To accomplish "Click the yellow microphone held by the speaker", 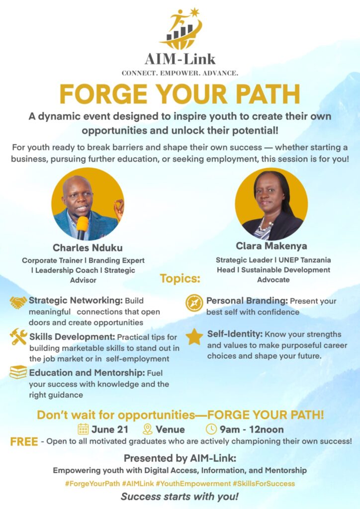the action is click(82, 227).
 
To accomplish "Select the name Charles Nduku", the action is click(88, 248).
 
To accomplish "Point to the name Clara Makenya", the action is click(271, 246).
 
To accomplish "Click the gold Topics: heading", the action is click(180, 278).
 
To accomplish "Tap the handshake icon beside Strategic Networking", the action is click(18, 302).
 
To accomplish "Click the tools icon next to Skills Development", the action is click(18, 337).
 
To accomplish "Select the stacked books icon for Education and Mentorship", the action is click(18, 372).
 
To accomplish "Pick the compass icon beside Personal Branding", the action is click(194, 303).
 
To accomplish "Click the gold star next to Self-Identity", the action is click(194, 337).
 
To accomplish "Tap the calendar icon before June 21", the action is click(83, 429).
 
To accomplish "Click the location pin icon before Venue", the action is click(148, 429).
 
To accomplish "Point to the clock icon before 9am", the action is click(211, 429).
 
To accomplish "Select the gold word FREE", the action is click(24, 442).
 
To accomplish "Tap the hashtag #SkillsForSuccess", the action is click(264, 483).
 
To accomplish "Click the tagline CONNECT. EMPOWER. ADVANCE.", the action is click(180, 74).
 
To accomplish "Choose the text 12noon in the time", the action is click(267, 429).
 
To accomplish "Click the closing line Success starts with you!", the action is click(180, 497).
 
